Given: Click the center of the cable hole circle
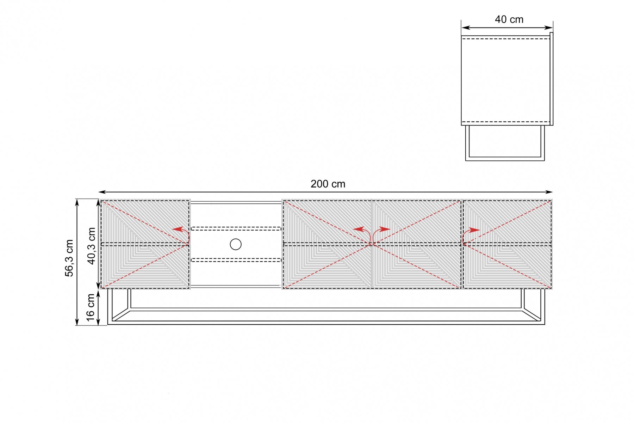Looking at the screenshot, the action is tap(236, 244).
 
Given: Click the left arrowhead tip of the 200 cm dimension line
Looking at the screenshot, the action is tap(99, 192).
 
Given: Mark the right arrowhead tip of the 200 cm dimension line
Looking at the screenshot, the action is tap(552, 192).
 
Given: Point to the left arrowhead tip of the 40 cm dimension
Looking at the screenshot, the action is tap(462, 27).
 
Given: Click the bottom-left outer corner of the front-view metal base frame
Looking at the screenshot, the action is tap(107, 324).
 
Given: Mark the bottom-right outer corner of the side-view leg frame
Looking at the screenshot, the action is tap(545, 161).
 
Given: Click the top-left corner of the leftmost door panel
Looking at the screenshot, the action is tap(101, 200).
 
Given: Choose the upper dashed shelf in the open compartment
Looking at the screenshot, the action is tap(236, 229).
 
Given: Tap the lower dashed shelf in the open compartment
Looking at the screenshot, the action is tap(236, 260).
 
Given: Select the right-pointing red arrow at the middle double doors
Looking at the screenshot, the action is tap(380, 234).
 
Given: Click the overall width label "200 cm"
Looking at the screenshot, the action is tap(328, 184).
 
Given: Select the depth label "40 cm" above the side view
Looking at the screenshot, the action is tap(509, 19).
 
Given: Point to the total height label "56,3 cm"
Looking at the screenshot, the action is tap(69, 258).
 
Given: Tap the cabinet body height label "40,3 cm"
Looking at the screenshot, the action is tap(91, 246).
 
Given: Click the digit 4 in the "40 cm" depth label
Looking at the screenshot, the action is tap(498, 19).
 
